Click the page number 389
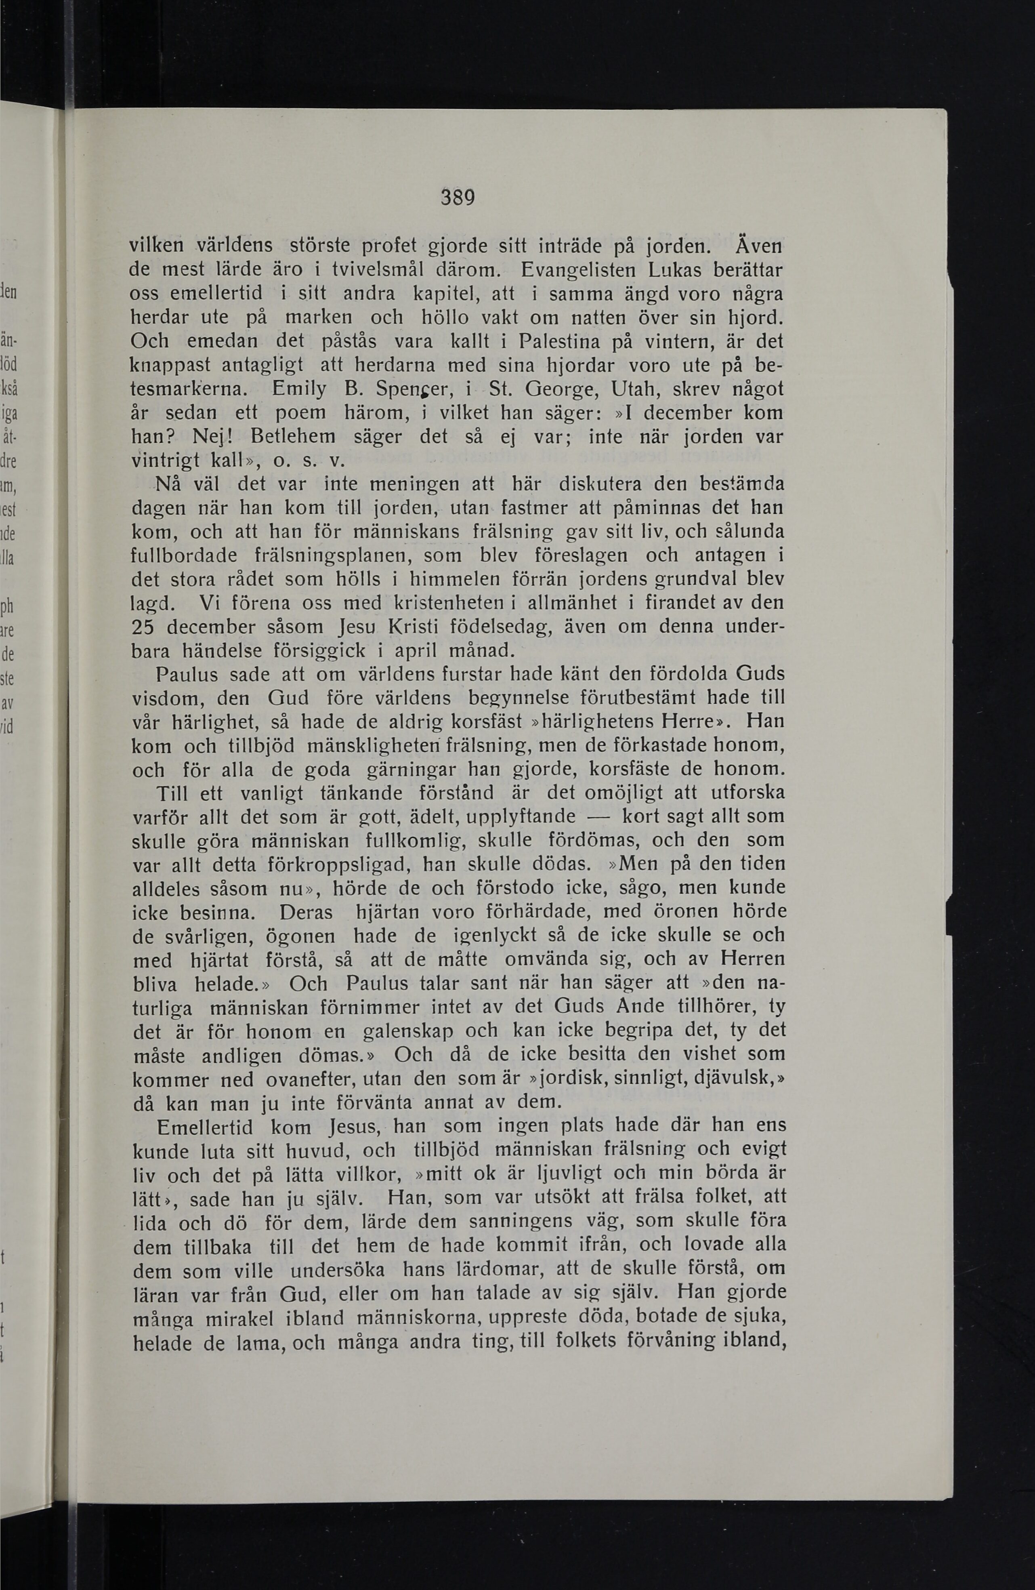[x=458, y=198]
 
